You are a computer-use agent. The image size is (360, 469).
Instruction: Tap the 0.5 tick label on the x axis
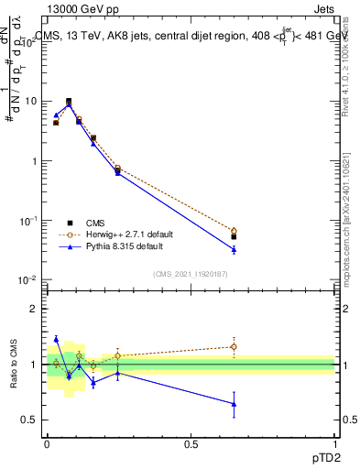coord(191,444)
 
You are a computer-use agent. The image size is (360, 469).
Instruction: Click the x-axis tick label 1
coord(335,444)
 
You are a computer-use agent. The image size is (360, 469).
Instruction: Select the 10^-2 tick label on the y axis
coord(27,280)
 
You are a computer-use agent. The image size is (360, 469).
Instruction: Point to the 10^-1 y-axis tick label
coord(27,221)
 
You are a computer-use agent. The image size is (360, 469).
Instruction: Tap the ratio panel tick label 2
coord(35,310)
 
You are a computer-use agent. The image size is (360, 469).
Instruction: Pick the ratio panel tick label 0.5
coord(29,420)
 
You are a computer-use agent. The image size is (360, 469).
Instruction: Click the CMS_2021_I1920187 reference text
coord(191,272)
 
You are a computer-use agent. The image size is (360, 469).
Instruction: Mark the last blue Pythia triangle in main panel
coord(234,249)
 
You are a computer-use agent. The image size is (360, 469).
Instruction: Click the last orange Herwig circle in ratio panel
coord(234,346)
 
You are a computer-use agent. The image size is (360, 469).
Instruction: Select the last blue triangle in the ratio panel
coord(234,404)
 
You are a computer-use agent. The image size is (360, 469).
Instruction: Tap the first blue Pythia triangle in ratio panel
coord(56,339)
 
